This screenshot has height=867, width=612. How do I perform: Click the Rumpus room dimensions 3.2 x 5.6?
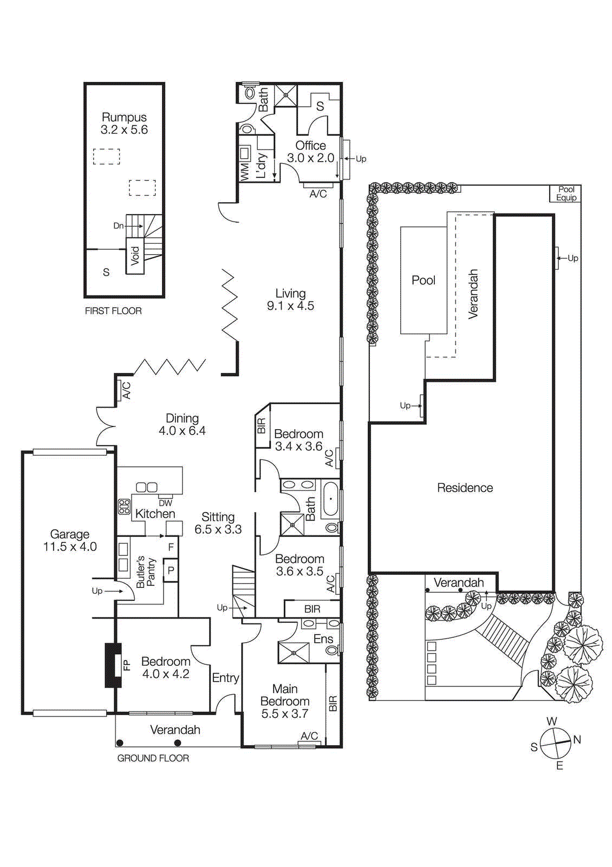pyautogui.click(x=124, y=130)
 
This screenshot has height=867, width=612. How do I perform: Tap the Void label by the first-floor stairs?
pyautogui.click(x=135, y=255)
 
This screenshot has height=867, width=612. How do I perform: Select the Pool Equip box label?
pyautogui.click(x=566, y=193)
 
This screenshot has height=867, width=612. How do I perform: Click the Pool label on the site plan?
pyautogui.click(x=424, y=280)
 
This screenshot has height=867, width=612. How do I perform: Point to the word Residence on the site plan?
pyautogui.click(x=465, y=488)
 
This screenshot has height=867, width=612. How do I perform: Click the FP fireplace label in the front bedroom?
pyautogui.click(x=127, y=665)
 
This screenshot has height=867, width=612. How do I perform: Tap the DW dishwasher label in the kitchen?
pyautogui.click(x=165, y=503)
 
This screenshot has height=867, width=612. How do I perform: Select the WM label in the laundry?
pyautogui.click(x=244, y=172)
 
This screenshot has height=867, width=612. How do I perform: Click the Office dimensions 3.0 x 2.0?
pyautogui.click(x=310, y=158)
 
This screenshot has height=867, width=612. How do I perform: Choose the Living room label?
pyautogui.click(x=290, y=293)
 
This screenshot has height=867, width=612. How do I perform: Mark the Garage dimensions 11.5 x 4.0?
pyautogui.click(x=70, y=547)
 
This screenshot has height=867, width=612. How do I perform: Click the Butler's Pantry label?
pyautogui.click(x=145, y=572)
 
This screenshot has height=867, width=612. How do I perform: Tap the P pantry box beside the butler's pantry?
pyautogui.click(x=171, y=571)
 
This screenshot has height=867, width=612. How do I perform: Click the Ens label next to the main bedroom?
pyautogui.click(x=323, y=639)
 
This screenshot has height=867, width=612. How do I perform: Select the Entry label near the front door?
pyautogui.click(x=225, y=678)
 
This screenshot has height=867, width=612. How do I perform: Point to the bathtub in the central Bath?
pyautogui.click(x=330, y=499)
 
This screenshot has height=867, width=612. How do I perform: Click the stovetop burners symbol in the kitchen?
pyautogui.click(x=125, y=507)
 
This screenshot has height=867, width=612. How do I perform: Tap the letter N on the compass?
pyautogui.click(x=577, y=739)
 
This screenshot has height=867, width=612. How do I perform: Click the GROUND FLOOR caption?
pyautogui.click(x=153, y=758)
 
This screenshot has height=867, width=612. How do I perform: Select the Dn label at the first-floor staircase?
pyautogui.click(x=118, y=226)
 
